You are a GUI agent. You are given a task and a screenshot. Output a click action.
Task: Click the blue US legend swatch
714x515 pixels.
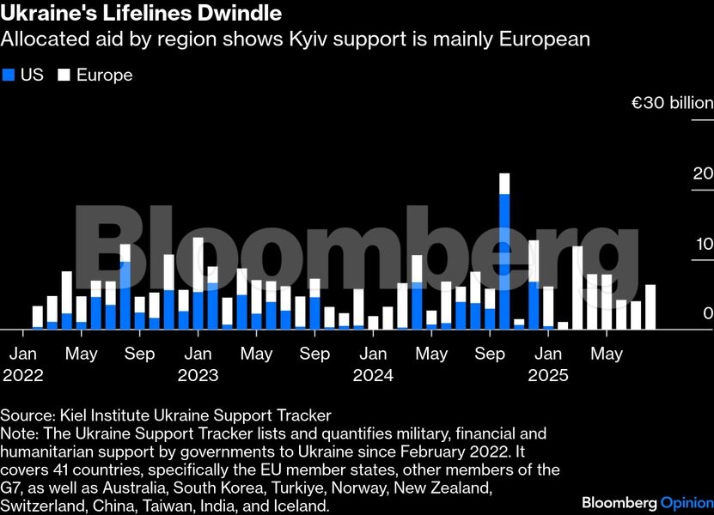click(x=10, y=76)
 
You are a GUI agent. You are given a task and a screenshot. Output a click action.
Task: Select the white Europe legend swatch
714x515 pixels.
click(x=63, y=76)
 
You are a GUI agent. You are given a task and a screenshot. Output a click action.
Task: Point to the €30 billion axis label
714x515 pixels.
click(x=673, y=103)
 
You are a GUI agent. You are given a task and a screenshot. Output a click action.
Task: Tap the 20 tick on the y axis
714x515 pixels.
click(x=703, y=173)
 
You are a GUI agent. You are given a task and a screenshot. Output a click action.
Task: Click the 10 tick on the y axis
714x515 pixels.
click(x=703, y=243)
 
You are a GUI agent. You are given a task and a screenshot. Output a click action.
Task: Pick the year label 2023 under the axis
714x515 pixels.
click(x=198, y=375)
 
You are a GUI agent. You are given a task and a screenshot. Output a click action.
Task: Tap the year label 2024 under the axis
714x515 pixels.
click(x=372, y=375)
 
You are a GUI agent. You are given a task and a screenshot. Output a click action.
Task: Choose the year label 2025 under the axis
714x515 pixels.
click(x=547, y=375)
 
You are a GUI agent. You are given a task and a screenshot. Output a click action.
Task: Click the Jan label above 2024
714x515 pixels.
click(x=372, y=353)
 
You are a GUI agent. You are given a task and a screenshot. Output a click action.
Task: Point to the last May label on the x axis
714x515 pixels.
click(x=606, y=353)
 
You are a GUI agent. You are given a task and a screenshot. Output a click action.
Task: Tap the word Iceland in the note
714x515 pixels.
click(x=303, y=506)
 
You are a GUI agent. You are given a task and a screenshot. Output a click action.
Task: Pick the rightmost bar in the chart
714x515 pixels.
click(x=650, y=306)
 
